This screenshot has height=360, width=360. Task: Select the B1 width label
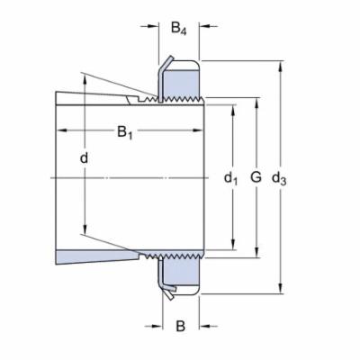(127, 133)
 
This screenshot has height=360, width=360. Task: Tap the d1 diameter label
(230, 178)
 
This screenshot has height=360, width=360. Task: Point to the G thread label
(256, 178)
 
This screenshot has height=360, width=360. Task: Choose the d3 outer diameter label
(280, 178)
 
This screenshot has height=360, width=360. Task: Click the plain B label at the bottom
(180, 325)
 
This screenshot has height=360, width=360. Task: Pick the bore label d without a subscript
(84, 158)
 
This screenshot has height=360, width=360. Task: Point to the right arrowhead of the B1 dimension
(203, 132)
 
